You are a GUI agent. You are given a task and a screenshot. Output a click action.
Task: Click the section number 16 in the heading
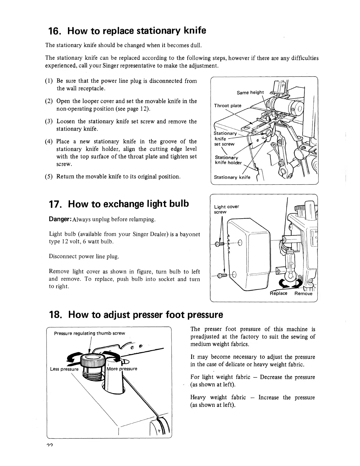tap(55, 31)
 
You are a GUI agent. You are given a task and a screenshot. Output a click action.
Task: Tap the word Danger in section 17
tap(60, 219)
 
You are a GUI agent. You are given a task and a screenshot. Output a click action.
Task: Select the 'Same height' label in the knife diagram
tap(250, 93)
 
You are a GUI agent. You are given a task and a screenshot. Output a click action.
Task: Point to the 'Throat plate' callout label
tap(227, 106)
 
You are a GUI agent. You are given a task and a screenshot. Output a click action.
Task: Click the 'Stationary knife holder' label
tap(228, 160)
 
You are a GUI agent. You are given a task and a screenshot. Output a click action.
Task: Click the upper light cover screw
tap(220, 243)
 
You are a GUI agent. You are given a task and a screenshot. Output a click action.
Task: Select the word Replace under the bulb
tap(278, 293)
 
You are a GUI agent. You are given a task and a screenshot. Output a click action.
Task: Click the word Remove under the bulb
tap(303, 293)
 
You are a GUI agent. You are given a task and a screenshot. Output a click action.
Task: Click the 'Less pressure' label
tap(64, 369)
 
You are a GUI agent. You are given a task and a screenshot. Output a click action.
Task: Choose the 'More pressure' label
tap(122, 369)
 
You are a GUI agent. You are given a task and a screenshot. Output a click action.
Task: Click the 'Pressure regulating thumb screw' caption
tap(90, 333)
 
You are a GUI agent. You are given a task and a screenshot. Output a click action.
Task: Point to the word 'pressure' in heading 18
tap(205, 315)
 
